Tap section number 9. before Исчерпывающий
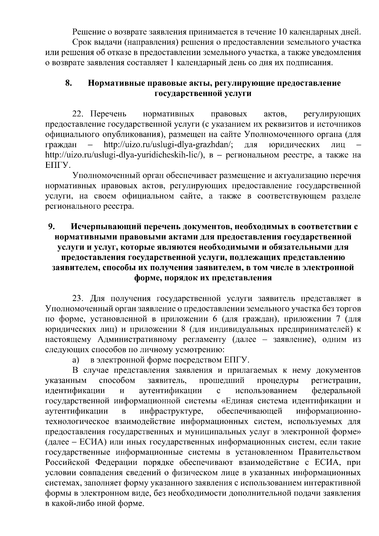pos(52,226)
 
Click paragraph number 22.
pos(79,114)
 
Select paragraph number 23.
pos(79,298)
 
